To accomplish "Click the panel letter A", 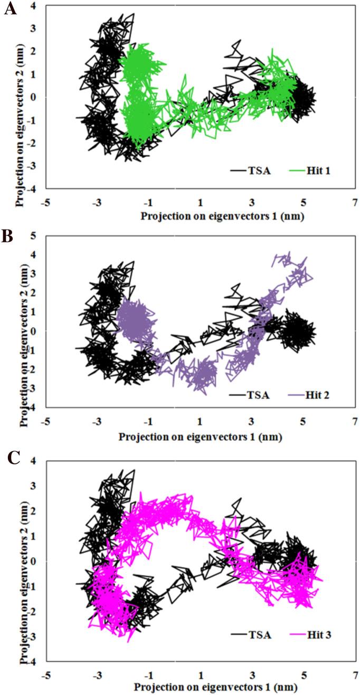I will tap(9, 9).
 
